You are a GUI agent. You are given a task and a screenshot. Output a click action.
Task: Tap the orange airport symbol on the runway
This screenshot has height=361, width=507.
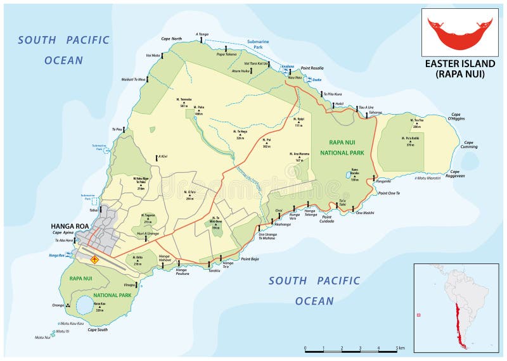95,259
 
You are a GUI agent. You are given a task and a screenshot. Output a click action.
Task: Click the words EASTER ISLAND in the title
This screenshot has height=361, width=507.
459,63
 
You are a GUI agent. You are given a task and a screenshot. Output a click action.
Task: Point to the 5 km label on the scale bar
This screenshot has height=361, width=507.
399,348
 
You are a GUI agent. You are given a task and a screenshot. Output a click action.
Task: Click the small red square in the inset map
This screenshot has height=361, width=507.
419,315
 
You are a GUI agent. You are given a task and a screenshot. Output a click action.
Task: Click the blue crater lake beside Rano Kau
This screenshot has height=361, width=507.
84,305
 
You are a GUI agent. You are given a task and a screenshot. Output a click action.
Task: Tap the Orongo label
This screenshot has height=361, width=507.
58,305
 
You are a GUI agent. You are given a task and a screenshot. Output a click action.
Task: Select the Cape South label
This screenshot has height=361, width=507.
97,329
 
